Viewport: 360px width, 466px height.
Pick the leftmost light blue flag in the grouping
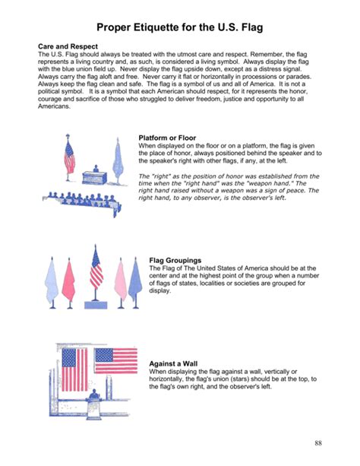click(x=51, y=282)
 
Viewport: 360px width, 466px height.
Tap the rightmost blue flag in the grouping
click(x=135, y=282)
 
